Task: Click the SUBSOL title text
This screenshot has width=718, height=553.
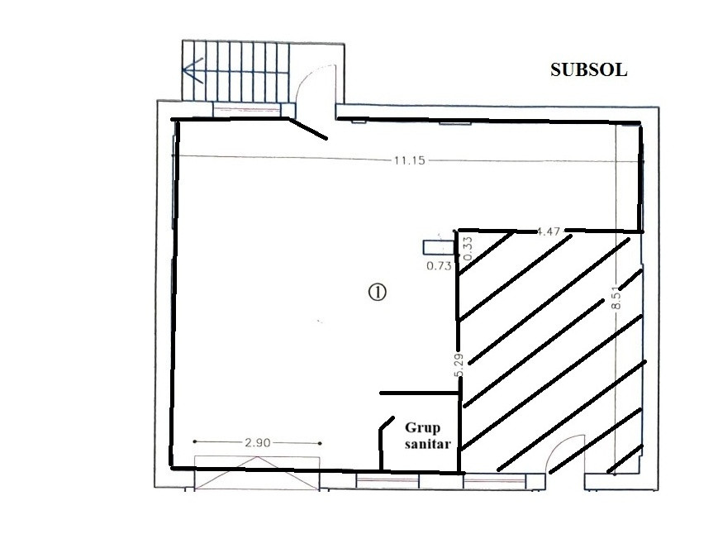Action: click(588, 70)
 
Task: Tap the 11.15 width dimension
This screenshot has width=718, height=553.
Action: click(409, 160)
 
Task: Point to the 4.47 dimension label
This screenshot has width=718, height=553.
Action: click(548, 231)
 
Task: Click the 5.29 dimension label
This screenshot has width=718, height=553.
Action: click(459, 365)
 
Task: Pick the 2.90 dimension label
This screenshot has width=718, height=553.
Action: click(257, 442)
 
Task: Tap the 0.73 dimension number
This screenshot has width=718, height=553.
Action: click(439, 265)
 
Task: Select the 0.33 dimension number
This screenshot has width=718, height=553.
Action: click(468, 249)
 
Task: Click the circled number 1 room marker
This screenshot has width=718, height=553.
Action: click(378, 292)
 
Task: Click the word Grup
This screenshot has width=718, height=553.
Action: click(422, 428)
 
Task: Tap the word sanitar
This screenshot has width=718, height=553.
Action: click(428, 444)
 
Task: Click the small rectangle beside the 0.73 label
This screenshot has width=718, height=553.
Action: click(438, 247)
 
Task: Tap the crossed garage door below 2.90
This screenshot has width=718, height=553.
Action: click(257, 473)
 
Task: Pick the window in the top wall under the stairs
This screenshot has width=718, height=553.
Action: click(247, 110)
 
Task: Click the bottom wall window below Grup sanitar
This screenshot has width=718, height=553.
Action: click(388, 481)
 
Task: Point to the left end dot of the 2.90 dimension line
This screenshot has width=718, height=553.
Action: click(195, 441)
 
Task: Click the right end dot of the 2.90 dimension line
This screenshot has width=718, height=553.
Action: click(320, 443)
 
